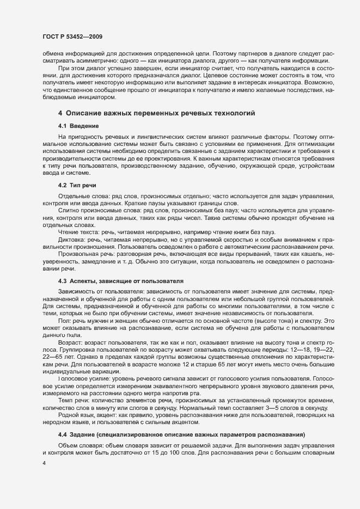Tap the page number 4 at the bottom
(x=44, y=464)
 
